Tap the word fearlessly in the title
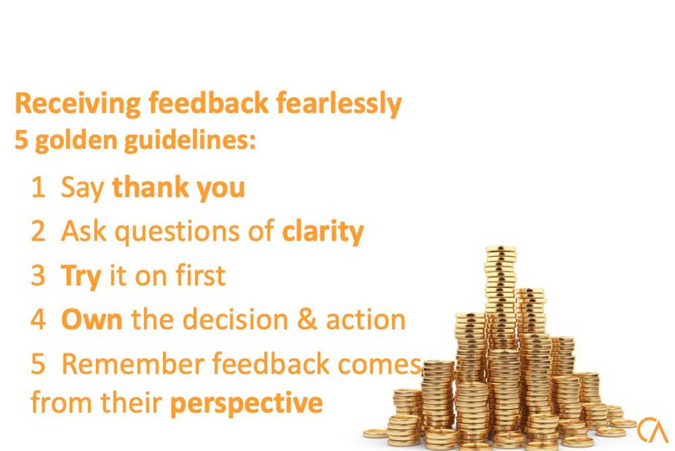click(x=339, y=104)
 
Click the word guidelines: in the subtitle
click(x=190, y=141)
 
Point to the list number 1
click(x=38, y=187)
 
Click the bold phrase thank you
click(x=178, y=188)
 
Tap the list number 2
click(x=38, y=231)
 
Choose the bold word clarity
click(x=323, y=232)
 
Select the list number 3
click(x=38, y=275)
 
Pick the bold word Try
click(x=82, y=277)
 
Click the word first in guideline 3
click(x=200, y=275)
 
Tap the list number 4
click(x=38, y=320)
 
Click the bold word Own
click(x=92, y=320)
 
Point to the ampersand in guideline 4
click(x=307, y=320)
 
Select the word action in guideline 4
click(x=365, y=320)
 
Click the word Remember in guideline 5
click(x=133, y=364)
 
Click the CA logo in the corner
click(x=653, y=429)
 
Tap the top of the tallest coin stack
click(x=501, y=249)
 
